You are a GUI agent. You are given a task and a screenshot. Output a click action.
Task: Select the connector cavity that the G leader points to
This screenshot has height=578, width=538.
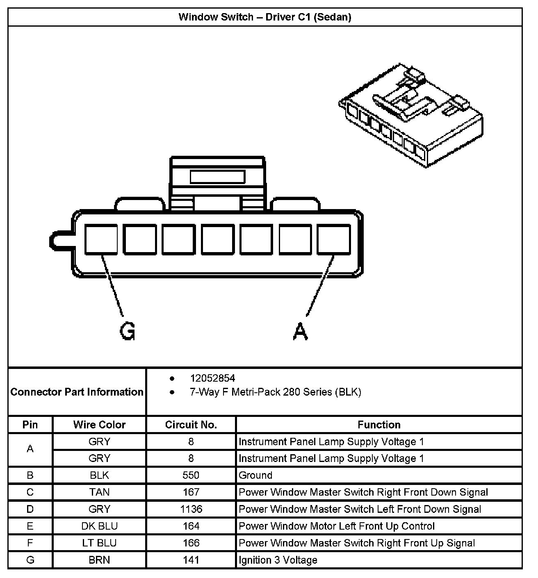pyautogui.click(x=101, y=239)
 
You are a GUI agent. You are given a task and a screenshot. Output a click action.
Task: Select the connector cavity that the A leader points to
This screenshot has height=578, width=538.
pyautogui.click(x=334, y=239)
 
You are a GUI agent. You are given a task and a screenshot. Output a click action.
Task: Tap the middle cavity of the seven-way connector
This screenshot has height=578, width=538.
pyautogui.click(x=217, y=239)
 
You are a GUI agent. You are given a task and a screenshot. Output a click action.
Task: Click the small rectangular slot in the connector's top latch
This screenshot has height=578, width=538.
pyautogui.click(x=217, y=177)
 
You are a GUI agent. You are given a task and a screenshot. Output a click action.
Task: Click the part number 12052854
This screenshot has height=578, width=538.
pyautogui.click(x=212, y=378)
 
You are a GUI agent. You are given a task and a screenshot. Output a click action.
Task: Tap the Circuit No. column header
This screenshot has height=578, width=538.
pyautogui.click(x=191, y=425)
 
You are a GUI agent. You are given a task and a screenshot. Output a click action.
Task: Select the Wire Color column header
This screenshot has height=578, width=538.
pyautogui.click(x=99, y=425)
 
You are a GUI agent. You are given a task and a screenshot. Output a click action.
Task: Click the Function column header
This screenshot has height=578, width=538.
pyautogui.click(x=379, y=425)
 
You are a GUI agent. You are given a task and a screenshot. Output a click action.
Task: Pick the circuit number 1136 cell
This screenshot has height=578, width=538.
pyautogui.click(x=191, y=509)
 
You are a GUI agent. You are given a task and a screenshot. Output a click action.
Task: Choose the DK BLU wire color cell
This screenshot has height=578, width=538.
pyautogui.click(x=99, y=526)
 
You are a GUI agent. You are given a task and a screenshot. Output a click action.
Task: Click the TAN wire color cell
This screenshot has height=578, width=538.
pyautogui.click(x=99, y=492)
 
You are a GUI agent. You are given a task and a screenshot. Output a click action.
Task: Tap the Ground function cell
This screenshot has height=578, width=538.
pyautogui.click(x=255, y=476)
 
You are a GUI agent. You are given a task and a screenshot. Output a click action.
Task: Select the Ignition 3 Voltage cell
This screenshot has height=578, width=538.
pyautogui.click(x=278, y=560)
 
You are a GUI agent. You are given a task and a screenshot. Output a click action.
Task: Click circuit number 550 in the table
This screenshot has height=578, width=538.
pyautogui.click(x=191, y=476)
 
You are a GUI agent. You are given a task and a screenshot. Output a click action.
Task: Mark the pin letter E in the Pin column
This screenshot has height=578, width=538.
pyautogui.click(x=30, y=526)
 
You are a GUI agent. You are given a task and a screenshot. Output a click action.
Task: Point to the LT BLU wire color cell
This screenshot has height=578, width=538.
pyautogui.click(x=99, y=543)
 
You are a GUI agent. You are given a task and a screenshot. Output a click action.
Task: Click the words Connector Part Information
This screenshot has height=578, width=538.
pyautogui.click(x=77, y=392)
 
